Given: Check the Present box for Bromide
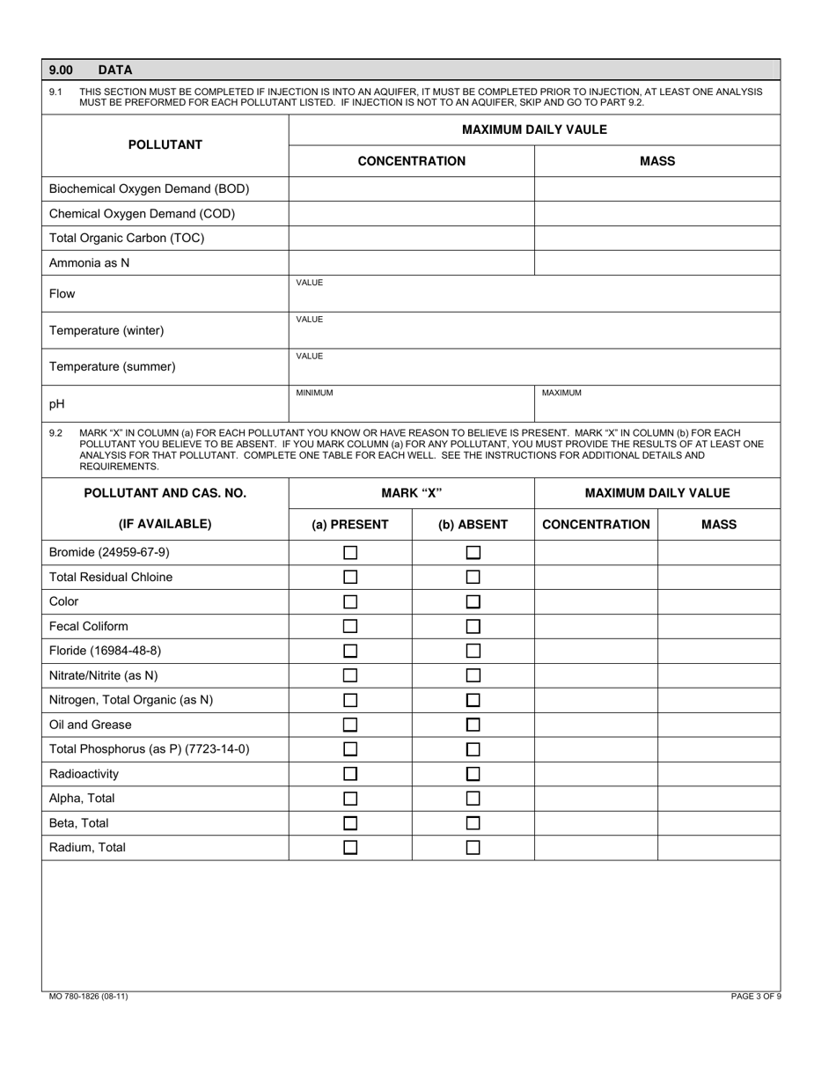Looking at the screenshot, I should click(x=350, y=553).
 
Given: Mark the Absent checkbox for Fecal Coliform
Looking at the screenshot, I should click(x=473, y=627).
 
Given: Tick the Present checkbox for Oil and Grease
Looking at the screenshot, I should click(x=350, y=726).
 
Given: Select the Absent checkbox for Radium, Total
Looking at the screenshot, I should click(x=473, y=848).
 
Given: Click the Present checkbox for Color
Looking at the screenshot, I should click(x=350, y=602).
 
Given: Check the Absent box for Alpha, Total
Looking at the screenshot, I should click(x=473, y=799).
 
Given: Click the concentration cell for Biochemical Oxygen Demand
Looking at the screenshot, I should click(x=411, y=188).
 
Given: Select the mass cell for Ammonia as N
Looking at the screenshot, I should click(x=656, y=262).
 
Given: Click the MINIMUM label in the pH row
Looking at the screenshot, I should click(x=314, y=393).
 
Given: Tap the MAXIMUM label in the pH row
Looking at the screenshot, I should click(x=561, y=393).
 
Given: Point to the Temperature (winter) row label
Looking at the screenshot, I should click(x=106, y=330).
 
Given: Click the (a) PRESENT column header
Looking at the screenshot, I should click(x=350, y=524).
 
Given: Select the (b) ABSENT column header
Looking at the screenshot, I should click(x=473, y=524).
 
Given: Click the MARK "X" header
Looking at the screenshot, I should click(x=411, y=493).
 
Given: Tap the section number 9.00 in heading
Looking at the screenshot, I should click(x=62, y=70).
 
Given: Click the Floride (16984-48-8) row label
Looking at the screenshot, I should click(x=106, y=651).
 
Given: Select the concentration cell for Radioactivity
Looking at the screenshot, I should click(x=596, y=774).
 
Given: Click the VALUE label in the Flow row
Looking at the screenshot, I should click(x=310, y=283).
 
